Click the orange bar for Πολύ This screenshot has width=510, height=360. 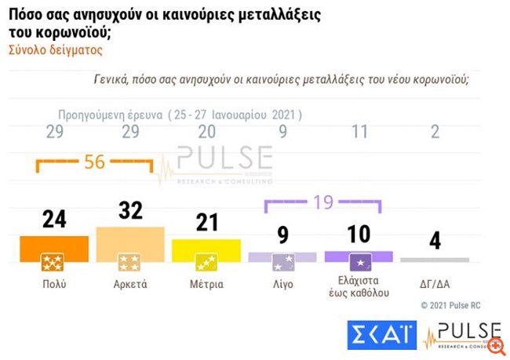coord(54,249)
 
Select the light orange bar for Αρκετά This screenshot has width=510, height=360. coord(129,245)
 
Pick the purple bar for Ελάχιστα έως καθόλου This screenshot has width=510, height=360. coord(358,256)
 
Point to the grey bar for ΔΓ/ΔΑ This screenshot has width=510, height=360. coord(435,259)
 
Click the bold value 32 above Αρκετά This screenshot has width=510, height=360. coord(129,212)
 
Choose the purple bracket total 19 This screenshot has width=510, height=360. coord(321,202)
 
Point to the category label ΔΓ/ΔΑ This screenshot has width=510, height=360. coord(435,284)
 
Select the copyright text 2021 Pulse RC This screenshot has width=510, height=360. coord(457,305)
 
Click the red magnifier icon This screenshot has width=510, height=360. coord(495,344)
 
